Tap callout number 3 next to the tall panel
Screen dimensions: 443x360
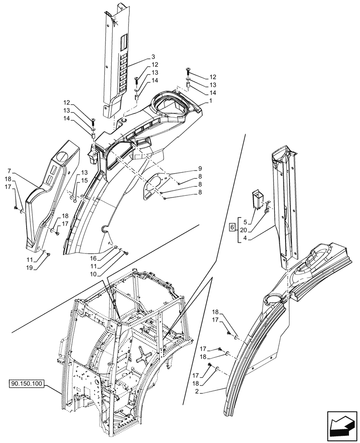pos(153,57)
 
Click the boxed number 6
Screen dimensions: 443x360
pos(232,228)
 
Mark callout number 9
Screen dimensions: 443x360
pos(200,168)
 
